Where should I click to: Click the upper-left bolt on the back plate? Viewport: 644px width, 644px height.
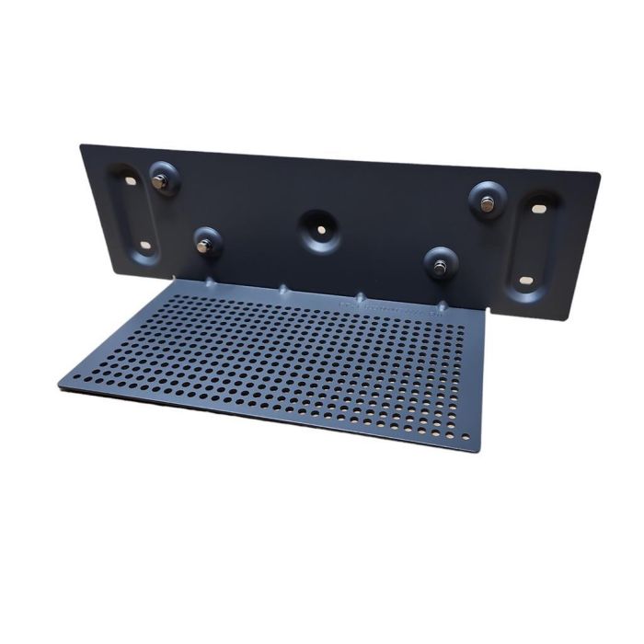pyautogui.click(x=160, y=182)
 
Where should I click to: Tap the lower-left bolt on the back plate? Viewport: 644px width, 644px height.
pyautogui.click(x=205, y=245)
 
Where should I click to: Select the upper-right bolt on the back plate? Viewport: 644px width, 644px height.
pyautogui.click(x=486, y=204)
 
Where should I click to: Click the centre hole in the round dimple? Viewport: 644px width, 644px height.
pyautogui.click(x=320, y=225)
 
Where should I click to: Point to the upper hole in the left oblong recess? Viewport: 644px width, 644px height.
pyautogui.click(x=129, y=182)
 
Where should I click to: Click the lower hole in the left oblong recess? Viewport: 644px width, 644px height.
pyautogui.click(x=144, y=246)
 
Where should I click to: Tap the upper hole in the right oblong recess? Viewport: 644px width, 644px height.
pyautogui.click(x=537, y=210)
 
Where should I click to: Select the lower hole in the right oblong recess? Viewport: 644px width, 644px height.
pyautogui.click(x=524, y=280)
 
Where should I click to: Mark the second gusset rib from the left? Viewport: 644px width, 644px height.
pyautogui.click(x=283, y=288)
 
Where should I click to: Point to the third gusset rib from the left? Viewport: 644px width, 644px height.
pyautogui.click(x=361, y=298)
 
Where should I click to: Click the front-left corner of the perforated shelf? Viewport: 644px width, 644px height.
pyautogui.click(x=60, y=382)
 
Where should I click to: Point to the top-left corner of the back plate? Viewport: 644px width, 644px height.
pyautogui.click(x=81, y=144)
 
